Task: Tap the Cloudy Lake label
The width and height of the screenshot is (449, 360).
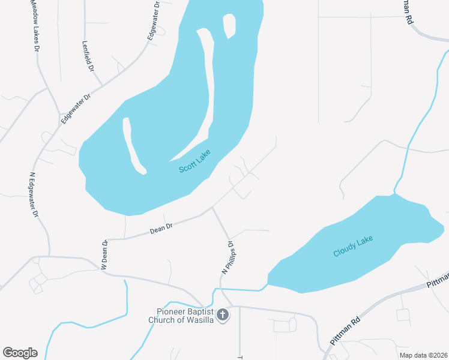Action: click(x=353, y=247)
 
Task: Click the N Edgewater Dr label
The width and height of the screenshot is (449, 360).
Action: click(x=34, y=196)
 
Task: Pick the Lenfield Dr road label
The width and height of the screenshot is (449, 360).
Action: click(x=88, y=56)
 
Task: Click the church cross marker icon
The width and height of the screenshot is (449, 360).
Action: click(x=223, y=314)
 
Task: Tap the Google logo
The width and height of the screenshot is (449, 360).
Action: click(x=20, y=353)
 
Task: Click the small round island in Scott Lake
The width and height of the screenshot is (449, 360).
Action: click(x=229, y=25)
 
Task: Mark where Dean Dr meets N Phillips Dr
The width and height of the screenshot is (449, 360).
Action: click(x=212, y=208)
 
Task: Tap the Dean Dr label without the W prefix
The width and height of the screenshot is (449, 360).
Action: click(x=161, y=227)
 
